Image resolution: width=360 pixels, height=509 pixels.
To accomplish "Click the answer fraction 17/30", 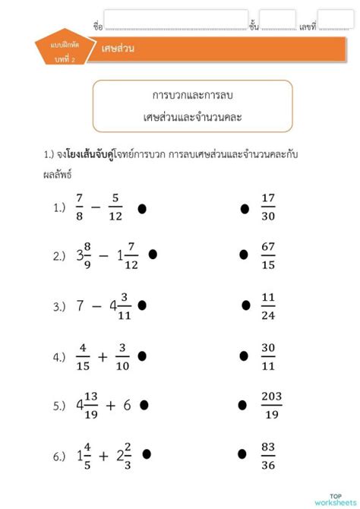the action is [x=267, y=207].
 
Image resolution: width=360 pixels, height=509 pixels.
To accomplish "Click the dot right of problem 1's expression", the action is [x=142, y=207].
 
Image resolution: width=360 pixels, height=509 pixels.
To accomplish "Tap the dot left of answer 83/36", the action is [x=243, y=455].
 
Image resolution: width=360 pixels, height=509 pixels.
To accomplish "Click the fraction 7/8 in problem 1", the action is [x=79, y=207].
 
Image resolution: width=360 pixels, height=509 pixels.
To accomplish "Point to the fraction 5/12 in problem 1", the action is [x=115, y=207].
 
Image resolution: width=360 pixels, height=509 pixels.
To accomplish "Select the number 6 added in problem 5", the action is [x=127, y=405].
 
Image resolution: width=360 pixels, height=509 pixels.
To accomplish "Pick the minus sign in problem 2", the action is [x=104, y=257].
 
